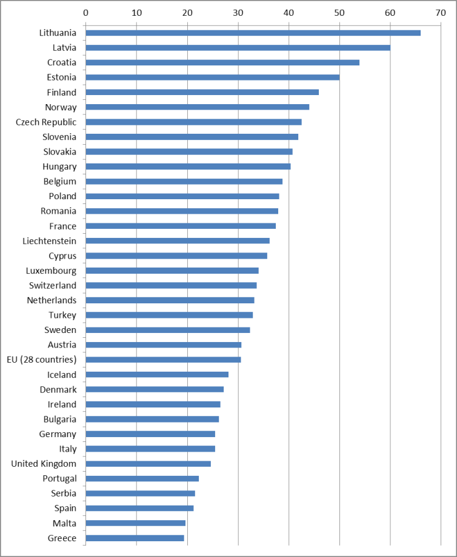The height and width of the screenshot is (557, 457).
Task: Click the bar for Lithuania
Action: pyautogui.click(x=253, y=33)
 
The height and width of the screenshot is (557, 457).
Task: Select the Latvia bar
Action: pyautogui.click(x=238, y=47)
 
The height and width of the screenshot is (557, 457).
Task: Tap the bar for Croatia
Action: pyautogui.click(x=222, y=62)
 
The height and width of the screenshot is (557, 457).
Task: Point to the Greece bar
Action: pyautogui.click(x=135, y=538)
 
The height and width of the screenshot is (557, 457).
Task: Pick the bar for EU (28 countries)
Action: pyautogui.click(x=163, y=360)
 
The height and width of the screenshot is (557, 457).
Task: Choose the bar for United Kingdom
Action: pyautogui.click(x=148, y=464)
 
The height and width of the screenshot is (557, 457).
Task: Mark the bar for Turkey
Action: pyautogui.click(x=169, y=315)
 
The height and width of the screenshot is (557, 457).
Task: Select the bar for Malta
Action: pyautogui.click(x=135, y=523)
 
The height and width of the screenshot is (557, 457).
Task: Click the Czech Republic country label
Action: pyautogui.click(x=46, y=122)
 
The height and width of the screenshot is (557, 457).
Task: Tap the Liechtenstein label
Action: pyautogui.click(x=48, y=241)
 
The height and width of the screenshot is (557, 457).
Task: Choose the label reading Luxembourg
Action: pyautogui.click(x=51, y=271)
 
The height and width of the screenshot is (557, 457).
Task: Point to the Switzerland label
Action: pyautogui.click(x=53, y=285)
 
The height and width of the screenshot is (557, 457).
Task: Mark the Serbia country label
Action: pyautogui.click(x=64, y=493)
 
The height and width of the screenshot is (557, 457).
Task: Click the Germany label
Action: pyautogui.click(x=58, y=434)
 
